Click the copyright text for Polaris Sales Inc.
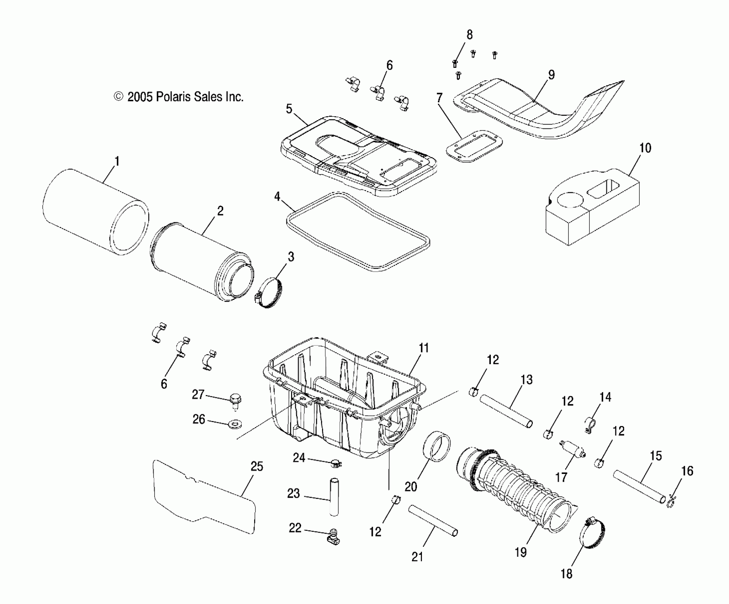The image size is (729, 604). tap(178, 97)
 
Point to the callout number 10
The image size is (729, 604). tap(645, 148)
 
